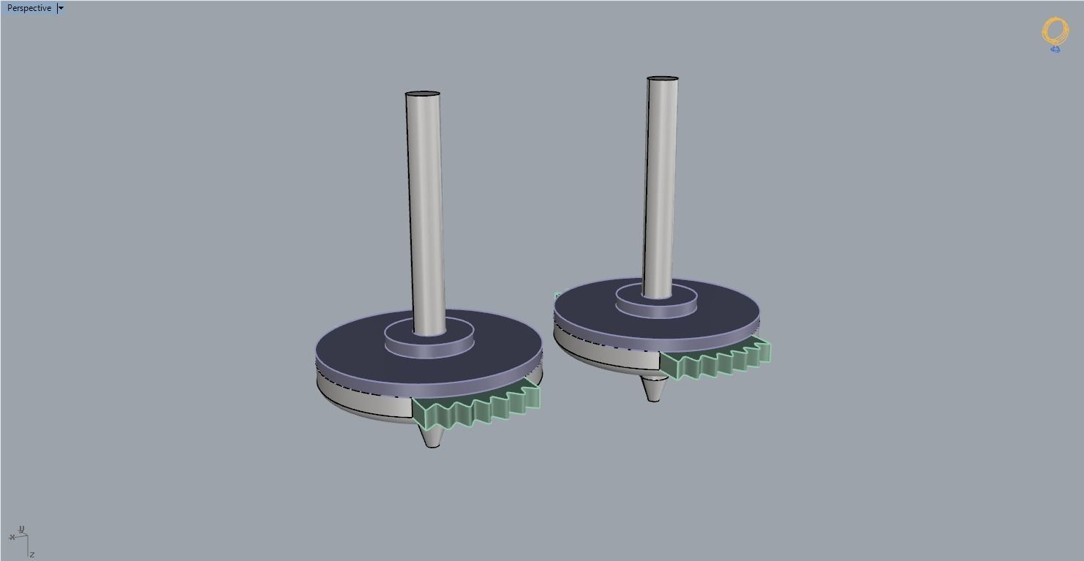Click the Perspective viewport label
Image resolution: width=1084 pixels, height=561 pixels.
(29, 8)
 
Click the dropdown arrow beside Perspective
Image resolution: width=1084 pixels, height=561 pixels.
(61, 8)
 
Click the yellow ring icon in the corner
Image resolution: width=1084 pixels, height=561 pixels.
(1054, 34)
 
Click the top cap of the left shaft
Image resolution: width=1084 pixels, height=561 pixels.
(423, 94)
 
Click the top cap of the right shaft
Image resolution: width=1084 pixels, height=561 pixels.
(662, 78)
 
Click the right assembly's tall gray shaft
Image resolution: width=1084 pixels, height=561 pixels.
(660, 183)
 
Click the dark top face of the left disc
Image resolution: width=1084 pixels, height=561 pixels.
(351, 351)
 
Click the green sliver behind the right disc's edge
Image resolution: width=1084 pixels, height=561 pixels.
(557, 297)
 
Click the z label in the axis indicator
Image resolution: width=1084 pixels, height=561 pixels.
(32, 554)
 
